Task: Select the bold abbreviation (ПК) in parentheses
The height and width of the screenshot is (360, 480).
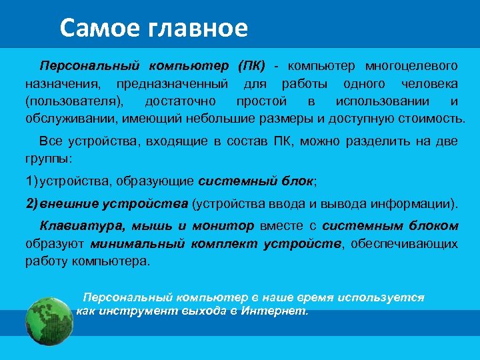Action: click(251, 67)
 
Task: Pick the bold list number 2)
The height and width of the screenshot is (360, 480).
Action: click(33, 203)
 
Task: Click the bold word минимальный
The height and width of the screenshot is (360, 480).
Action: click(137, 243)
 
